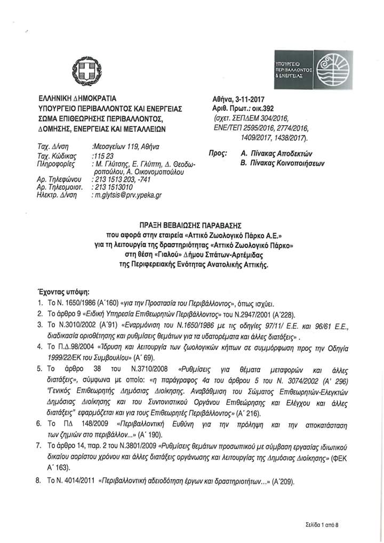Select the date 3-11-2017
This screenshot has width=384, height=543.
253,99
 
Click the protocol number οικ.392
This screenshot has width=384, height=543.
265,107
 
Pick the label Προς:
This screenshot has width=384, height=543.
215,153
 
